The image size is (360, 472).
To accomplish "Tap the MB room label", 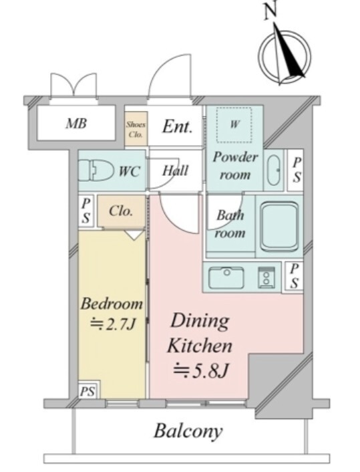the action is coord(76,124).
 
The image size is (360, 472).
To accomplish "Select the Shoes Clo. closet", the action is coord(136,129).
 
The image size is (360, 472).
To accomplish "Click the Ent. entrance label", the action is coord(177,126).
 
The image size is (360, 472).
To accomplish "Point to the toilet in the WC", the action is coord(96,170).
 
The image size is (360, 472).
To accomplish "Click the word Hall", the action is coord(176,170).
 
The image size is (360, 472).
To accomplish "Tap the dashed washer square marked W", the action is coord(234,124).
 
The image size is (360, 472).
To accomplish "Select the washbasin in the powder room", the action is coord(274,170).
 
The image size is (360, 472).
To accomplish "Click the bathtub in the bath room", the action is coord(279,227).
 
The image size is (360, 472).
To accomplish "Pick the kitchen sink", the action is coord(226,277).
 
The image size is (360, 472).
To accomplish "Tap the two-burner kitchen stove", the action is coord(266,277).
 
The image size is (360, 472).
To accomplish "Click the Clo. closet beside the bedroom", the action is coord(121,211).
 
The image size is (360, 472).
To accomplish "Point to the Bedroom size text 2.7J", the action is coord(113,324).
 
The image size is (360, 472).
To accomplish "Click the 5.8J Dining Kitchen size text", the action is coord(201,370).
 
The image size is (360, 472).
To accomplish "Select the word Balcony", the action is coord(188,431).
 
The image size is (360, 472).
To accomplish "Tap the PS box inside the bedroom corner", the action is coord(87,391).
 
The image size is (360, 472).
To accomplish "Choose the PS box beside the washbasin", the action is coord(297,170).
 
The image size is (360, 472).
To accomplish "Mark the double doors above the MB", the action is coord(73,85).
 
